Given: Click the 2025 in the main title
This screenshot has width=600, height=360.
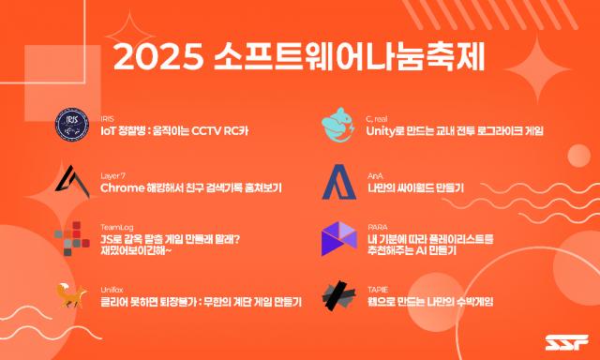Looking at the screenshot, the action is tap(158, 57).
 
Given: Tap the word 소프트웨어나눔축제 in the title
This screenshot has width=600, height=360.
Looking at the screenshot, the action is tap(350, 57).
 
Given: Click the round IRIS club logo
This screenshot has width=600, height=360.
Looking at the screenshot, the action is tap(72, 125).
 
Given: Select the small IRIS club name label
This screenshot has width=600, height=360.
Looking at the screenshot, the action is tap(107, 119).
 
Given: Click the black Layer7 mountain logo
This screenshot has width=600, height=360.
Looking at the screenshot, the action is tap(72, 181).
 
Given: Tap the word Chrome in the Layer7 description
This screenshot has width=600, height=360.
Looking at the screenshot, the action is tap(122, 187).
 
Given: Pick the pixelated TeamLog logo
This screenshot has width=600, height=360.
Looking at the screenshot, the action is tap(72, 238).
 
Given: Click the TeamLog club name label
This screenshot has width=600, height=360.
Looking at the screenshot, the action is tap(116, 228).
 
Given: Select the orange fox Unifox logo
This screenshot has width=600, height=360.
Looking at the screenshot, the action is tap(71, 295).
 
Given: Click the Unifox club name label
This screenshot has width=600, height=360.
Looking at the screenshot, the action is tap(112, 290).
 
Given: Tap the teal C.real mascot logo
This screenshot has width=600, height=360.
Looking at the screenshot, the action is tap(337, 125).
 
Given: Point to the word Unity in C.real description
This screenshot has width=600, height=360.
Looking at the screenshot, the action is tap(381, 131).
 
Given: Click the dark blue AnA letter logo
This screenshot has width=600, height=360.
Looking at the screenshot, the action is tap(339, 182).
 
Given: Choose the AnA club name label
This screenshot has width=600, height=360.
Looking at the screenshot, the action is tap(375, 176).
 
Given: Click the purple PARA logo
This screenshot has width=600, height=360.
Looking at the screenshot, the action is tap(338, 238).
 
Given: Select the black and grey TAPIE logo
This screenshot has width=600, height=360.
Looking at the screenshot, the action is tap(339, 295).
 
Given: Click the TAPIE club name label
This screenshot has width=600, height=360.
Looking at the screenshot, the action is tap(377, 290).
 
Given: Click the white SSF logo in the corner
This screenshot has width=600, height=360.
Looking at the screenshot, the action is tap(567, 342).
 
